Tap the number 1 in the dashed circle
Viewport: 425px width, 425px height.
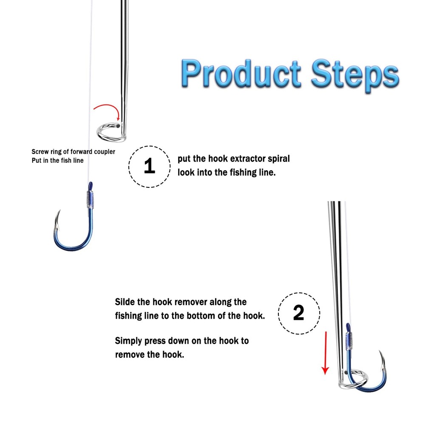(x=150, y=166)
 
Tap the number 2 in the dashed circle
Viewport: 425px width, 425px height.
(x=299, y=313)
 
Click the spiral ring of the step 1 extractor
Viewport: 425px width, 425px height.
(x=111, y=132)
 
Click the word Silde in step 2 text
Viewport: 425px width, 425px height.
(x=126, y=302)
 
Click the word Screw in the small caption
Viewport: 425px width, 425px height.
(x=40, y=152)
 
